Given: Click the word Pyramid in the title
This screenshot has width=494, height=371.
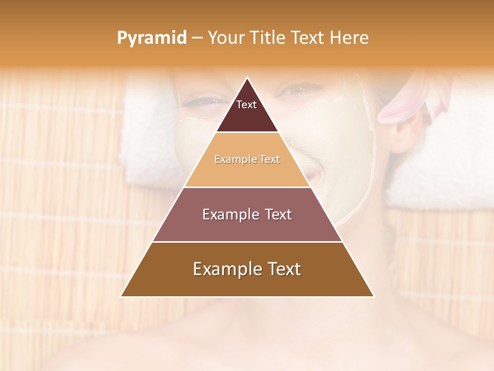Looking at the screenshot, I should point(152,38).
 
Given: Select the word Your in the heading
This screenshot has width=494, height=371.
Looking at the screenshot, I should point(226,38).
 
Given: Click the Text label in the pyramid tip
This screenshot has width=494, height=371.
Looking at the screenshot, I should point(246,105).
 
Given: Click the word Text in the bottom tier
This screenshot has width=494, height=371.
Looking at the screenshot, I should point(282,269).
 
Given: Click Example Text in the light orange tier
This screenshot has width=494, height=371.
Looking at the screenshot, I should point(247,159).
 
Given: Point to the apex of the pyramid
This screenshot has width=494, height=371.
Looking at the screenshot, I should point(247,78).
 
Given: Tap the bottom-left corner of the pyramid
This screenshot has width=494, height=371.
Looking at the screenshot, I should point(121,296).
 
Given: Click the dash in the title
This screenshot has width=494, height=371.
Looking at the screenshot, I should point(197,38).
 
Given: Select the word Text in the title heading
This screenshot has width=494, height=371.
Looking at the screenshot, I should point(309,38).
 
